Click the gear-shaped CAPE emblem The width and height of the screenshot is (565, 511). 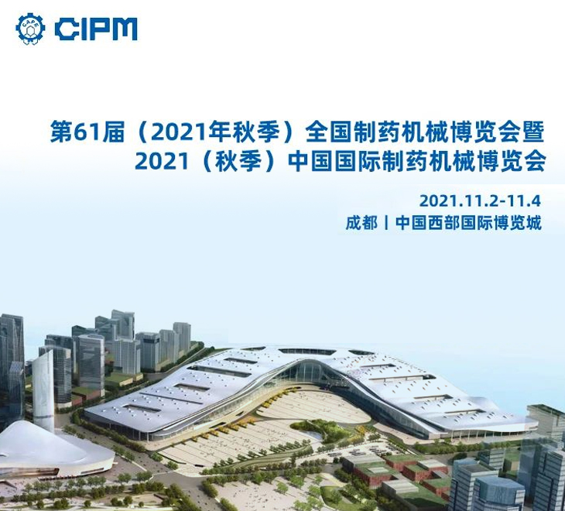coord(31,29)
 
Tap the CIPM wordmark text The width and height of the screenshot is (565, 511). coord(97,29)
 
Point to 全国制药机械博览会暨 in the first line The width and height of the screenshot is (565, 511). coord(424,132)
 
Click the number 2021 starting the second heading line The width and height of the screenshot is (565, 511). coord(163,161)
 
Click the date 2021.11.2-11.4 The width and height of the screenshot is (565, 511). coord(481,201)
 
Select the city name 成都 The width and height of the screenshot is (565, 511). coord(361,223)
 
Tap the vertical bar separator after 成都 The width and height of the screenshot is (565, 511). coord(387,223)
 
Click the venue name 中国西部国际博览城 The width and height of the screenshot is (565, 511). coord(468,223)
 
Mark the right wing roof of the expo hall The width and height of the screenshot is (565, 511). coord(425,389)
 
